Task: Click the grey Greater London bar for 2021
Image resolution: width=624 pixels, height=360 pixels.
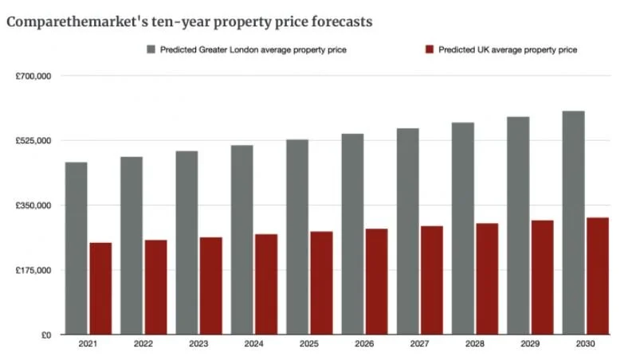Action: (x=77, y=248)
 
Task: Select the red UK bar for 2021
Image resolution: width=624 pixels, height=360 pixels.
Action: (x=100, y=288)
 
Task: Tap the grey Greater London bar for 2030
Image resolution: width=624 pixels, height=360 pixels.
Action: (x=573, y=223)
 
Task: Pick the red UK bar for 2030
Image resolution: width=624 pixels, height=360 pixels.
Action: (x=598, y=276)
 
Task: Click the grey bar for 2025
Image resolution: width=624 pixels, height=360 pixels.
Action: (x=297, y=237)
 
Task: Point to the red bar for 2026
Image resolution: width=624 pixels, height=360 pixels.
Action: (x=376, y=281)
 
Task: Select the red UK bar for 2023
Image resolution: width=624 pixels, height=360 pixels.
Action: (x=211, y=286)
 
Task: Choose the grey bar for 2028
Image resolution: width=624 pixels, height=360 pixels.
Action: (x=463, y=229)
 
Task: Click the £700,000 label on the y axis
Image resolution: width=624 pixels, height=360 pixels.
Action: (x=33, y=76)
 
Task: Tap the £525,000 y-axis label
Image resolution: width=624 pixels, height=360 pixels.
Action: (x=33, y=141)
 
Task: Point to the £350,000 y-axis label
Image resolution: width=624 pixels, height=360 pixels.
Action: (x=33, y=205)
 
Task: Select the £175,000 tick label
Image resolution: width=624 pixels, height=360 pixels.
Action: (x=33, y=271)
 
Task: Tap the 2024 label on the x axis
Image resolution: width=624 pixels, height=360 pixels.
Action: (x=254, y=345)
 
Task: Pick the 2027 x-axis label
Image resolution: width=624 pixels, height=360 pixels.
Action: (x=419, y=345)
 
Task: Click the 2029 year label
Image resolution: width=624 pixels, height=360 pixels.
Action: (x=530, y=345)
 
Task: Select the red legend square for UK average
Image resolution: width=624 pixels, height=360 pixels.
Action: (x=429, y=49)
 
